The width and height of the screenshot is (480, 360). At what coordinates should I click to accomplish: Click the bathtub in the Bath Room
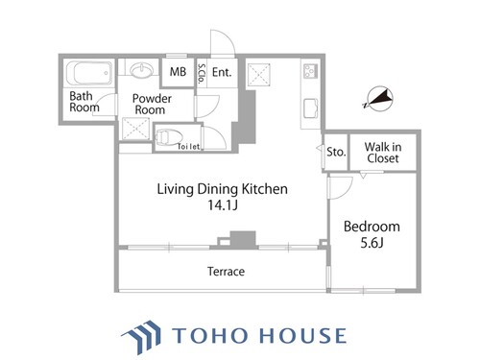pos(89,73)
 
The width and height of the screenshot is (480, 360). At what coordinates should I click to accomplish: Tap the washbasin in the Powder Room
pos(143,69)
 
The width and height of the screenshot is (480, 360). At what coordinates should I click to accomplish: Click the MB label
pos(178,72)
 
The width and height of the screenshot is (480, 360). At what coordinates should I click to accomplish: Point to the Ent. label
pos(222,72)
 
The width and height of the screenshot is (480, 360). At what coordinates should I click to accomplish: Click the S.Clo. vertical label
pos(202,74)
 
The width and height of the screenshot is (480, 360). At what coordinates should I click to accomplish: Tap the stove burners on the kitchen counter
pos(310,72)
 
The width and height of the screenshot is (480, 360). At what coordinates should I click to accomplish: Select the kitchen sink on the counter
pos(311,108)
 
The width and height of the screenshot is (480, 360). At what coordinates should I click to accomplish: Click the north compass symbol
pos(379,99)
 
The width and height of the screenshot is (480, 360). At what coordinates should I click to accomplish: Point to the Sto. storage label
pos(336,152)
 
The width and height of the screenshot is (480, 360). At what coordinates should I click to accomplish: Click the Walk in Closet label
pos(383,153)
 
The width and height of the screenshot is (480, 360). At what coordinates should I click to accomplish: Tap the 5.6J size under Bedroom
pos(372,243)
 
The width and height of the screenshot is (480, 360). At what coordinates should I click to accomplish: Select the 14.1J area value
pos(223,204)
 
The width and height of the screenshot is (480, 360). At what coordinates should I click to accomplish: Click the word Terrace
pos(226,272)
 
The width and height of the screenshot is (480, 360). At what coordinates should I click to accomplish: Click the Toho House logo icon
pos(141,337)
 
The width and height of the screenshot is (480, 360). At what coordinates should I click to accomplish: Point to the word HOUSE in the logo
pos(302,335)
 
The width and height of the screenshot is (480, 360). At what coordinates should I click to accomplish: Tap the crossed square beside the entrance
pos(258,75)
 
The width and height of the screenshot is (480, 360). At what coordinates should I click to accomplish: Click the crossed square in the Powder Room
pos(136,129)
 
